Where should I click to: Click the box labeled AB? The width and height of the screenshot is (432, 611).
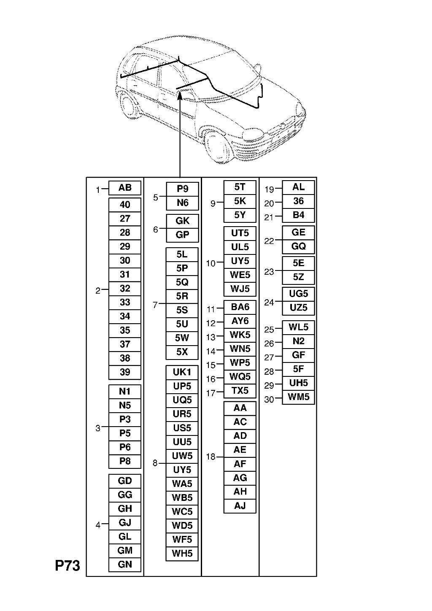[x=124, y=188]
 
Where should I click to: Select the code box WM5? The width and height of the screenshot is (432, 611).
[x=298, y=397]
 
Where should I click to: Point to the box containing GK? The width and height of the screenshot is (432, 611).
[x=182, y=221]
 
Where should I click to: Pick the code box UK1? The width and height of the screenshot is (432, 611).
[x=182, y=372]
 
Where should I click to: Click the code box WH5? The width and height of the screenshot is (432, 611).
[x=182, y=554]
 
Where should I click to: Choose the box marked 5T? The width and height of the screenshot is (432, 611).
[x=240, y=187]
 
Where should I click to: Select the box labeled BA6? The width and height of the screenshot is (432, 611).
[x=240, y=307]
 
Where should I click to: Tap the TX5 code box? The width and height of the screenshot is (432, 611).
[x=240, y=391]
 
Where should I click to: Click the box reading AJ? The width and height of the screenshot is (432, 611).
[x=240, y=506]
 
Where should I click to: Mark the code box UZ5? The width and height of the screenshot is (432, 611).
[x=298, y=308]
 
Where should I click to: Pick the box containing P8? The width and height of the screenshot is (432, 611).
[x=124, y=461]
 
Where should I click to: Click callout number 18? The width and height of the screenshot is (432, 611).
[x=211, y=457]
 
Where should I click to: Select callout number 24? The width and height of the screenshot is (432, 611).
[x=269, y=302]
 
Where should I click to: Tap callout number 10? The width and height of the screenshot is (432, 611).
[x=211, y=263]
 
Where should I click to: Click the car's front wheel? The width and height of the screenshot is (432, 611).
[x=217, y=149]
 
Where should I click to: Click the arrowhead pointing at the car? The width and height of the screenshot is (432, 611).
[x=180, y=96]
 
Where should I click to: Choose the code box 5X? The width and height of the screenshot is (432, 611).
[x=182, y=352]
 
